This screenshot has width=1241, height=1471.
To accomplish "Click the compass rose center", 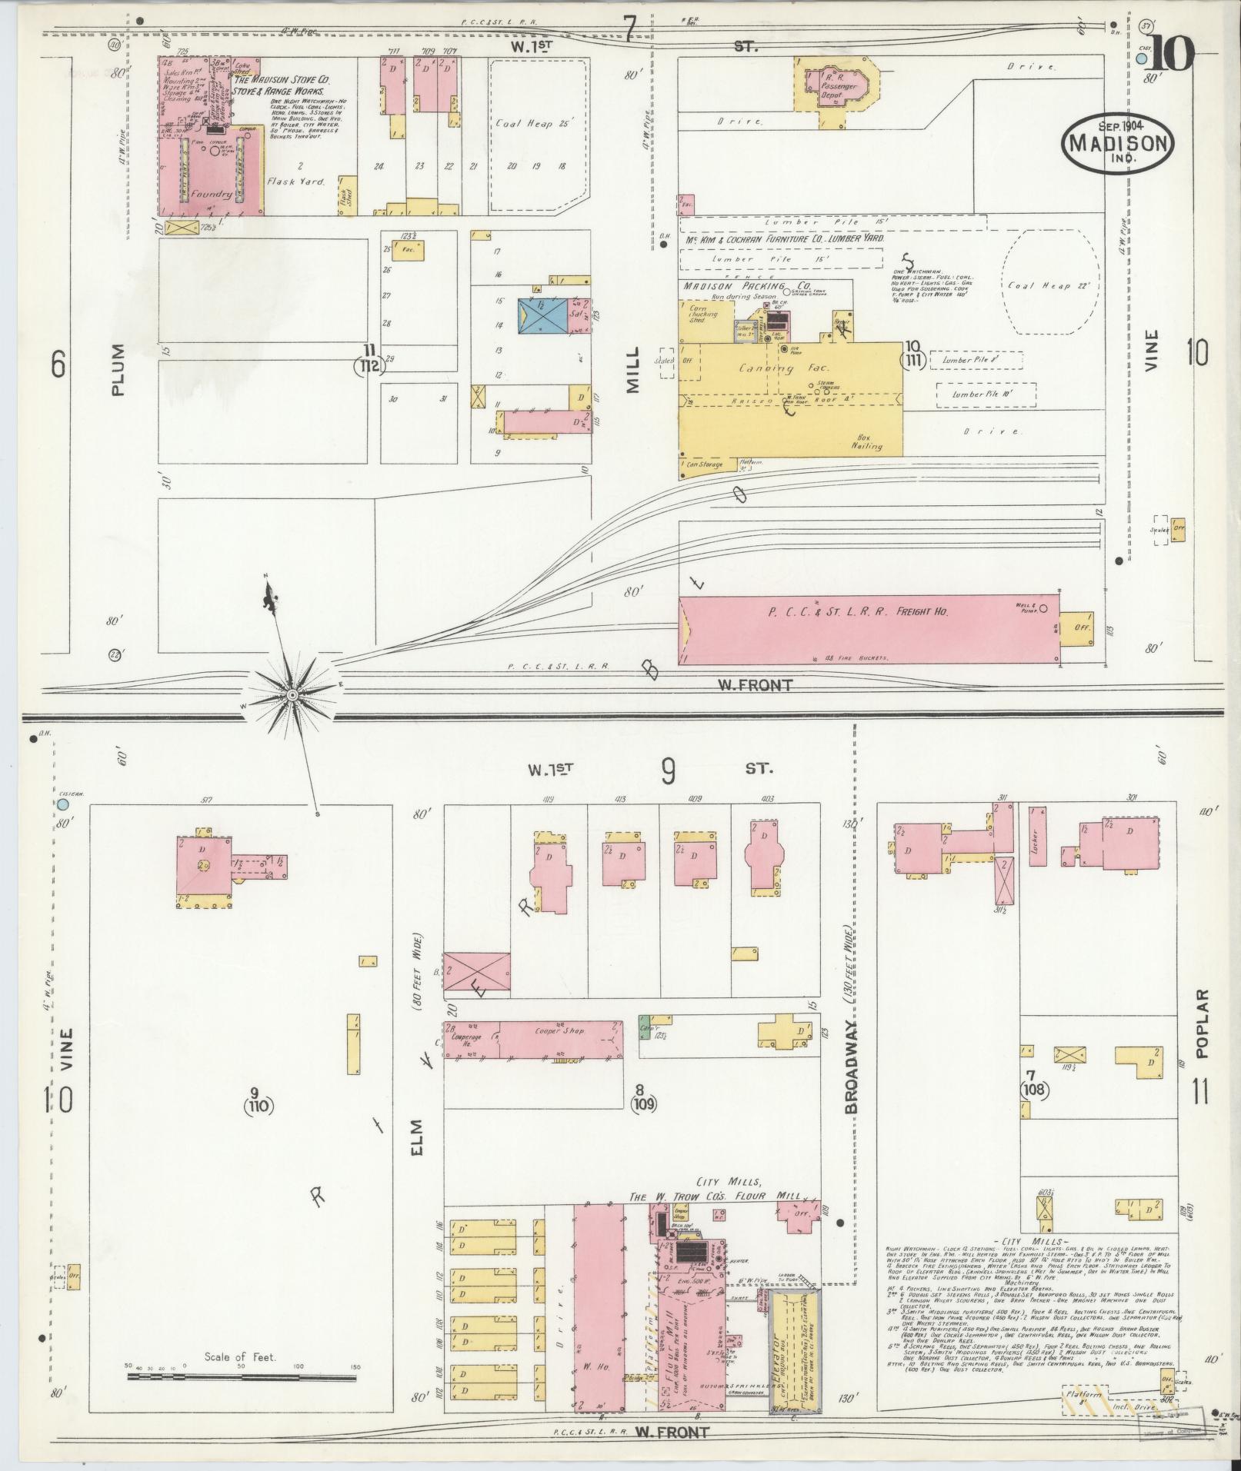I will click(292, 695).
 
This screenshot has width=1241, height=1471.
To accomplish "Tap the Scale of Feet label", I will click(239, 1357).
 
